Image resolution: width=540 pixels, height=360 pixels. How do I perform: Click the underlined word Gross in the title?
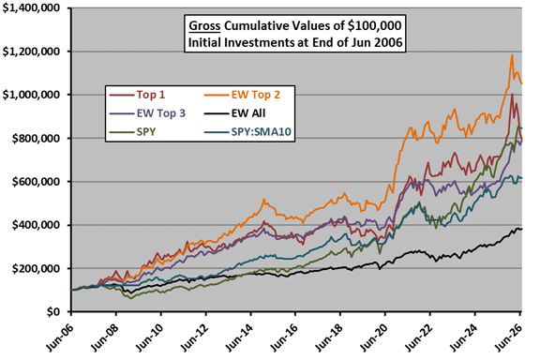(x=204, y=26)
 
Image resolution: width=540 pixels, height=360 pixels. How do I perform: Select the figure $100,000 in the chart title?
(x=374, y=26)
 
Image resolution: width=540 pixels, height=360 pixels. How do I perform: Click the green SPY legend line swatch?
(x=121, y=132)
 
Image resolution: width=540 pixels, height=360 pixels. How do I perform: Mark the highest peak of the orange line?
(x=512, y=55)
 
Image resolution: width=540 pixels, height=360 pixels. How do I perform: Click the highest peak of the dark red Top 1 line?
(x=512, y=94)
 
